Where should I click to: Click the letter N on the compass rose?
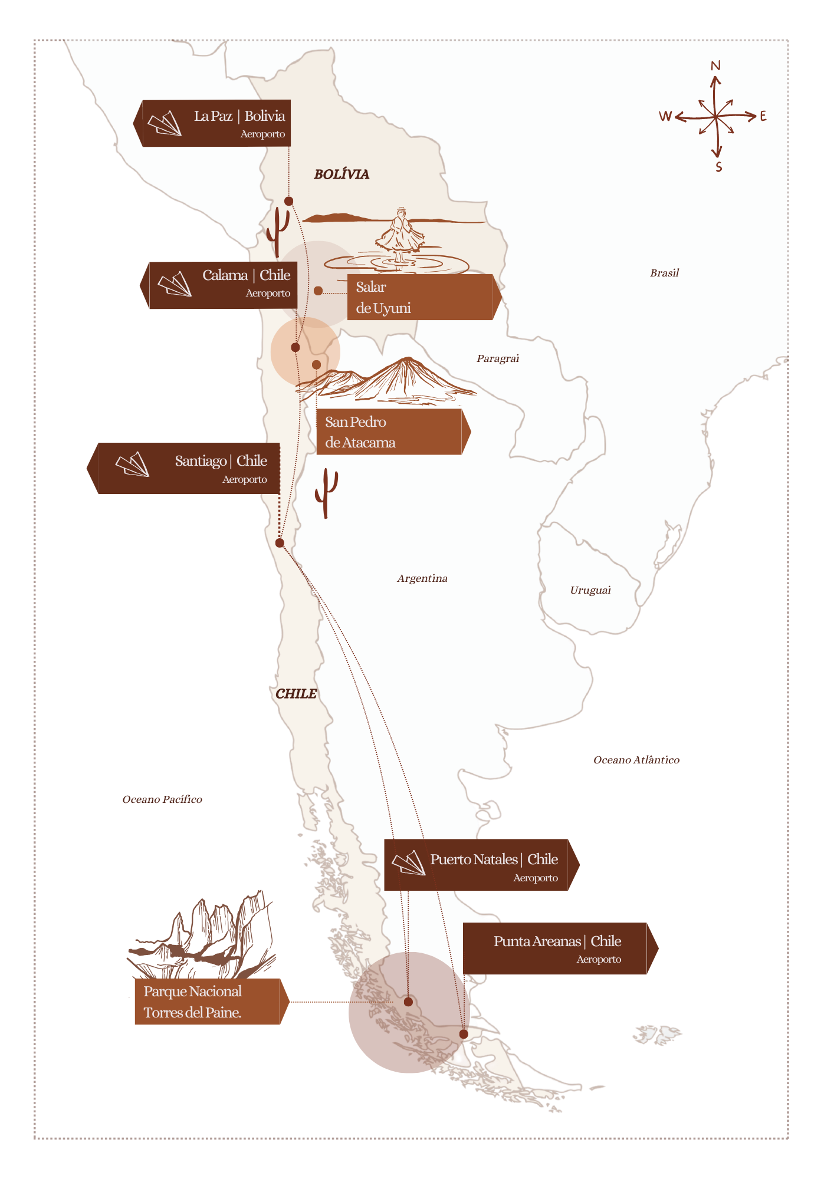click(715, 65)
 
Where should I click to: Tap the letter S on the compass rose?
click(718, 167)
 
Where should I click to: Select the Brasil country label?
click(664, 273)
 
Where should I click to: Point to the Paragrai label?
click(498, 358)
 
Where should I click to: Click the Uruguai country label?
click(590, 590)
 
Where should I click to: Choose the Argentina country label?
click(422, 578)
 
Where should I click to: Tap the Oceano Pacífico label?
click(162, 799)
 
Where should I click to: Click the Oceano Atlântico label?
click(636, 760)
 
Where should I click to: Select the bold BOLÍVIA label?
click(342, 174)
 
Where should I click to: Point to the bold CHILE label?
click(296, 694)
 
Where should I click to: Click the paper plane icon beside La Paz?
click(165, 123)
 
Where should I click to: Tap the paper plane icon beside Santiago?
click(133, 464)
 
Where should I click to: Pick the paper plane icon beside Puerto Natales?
click(409, 863)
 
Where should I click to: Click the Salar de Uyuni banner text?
click(383, 298)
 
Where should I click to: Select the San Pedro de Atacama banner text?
click(360, 432)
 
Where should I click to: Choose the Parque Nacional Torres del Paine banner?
click(193, 1002)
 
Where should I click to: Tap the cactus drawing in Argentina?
click(326, 492)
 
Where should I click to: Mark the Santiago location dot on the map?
click(280, 542)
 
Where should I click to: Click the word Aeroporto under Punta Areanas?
click(599, 959)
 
